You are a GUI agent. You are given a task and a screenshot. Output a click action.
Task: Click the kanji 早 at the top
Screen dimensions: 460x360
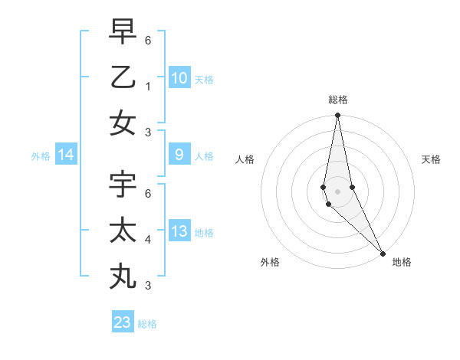click(x=123, y=31)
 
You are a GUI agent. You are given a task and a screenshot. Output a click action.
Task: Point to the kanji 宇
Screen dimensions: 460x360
click(x=123, y=185)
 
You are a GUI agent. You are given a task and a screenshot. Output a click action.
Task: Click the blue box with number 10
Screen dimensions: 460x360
click(x=179, y=77)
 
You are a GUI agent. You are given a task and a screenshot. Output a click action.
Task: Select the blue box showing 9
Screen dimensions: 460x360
click(x=179, y=155)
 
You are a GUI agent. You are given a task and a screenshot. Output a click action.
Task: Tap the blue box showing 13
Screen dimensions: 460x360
click(x=179, y=231)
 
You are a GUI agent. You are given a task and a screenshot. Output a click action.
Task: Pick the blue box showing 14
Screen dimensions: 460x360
click(x=66, y=155)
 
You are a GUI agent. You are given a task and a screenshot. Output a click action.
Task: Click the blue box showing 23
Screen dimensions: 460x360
click(x=123, y=322)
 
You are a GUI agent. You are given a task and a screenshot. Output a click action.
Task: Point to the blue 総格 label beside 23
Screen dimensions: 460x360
click(x=148, y=323)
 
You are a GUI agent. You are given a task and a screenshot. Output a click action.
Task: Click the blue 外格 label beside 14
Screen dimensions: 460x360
click(x=41, y=156)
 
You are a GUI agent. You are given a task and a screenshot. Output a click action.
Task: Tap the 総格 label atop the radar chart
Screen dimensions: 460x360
click(x=338, y=100)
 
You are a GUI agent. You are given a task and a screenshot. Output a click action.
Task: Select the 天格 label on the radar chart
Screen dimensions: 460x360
click(x=431, y=159)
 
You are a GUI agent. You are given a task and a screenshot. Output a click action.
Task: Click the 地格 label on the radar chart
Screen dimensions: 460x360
click(x=402, y=262)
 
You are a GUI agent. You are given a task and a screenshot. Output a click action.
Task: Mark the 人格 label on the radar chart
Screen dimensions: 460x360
click(x=245, y=159)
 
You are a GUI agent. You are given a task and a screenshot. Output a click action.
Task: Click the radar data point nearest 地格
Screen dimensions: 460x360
click(x=383, y=253)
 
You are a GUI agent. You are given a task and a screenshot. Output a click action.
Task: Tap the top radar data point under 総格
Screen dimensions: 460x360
click(x=337, y=116)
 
